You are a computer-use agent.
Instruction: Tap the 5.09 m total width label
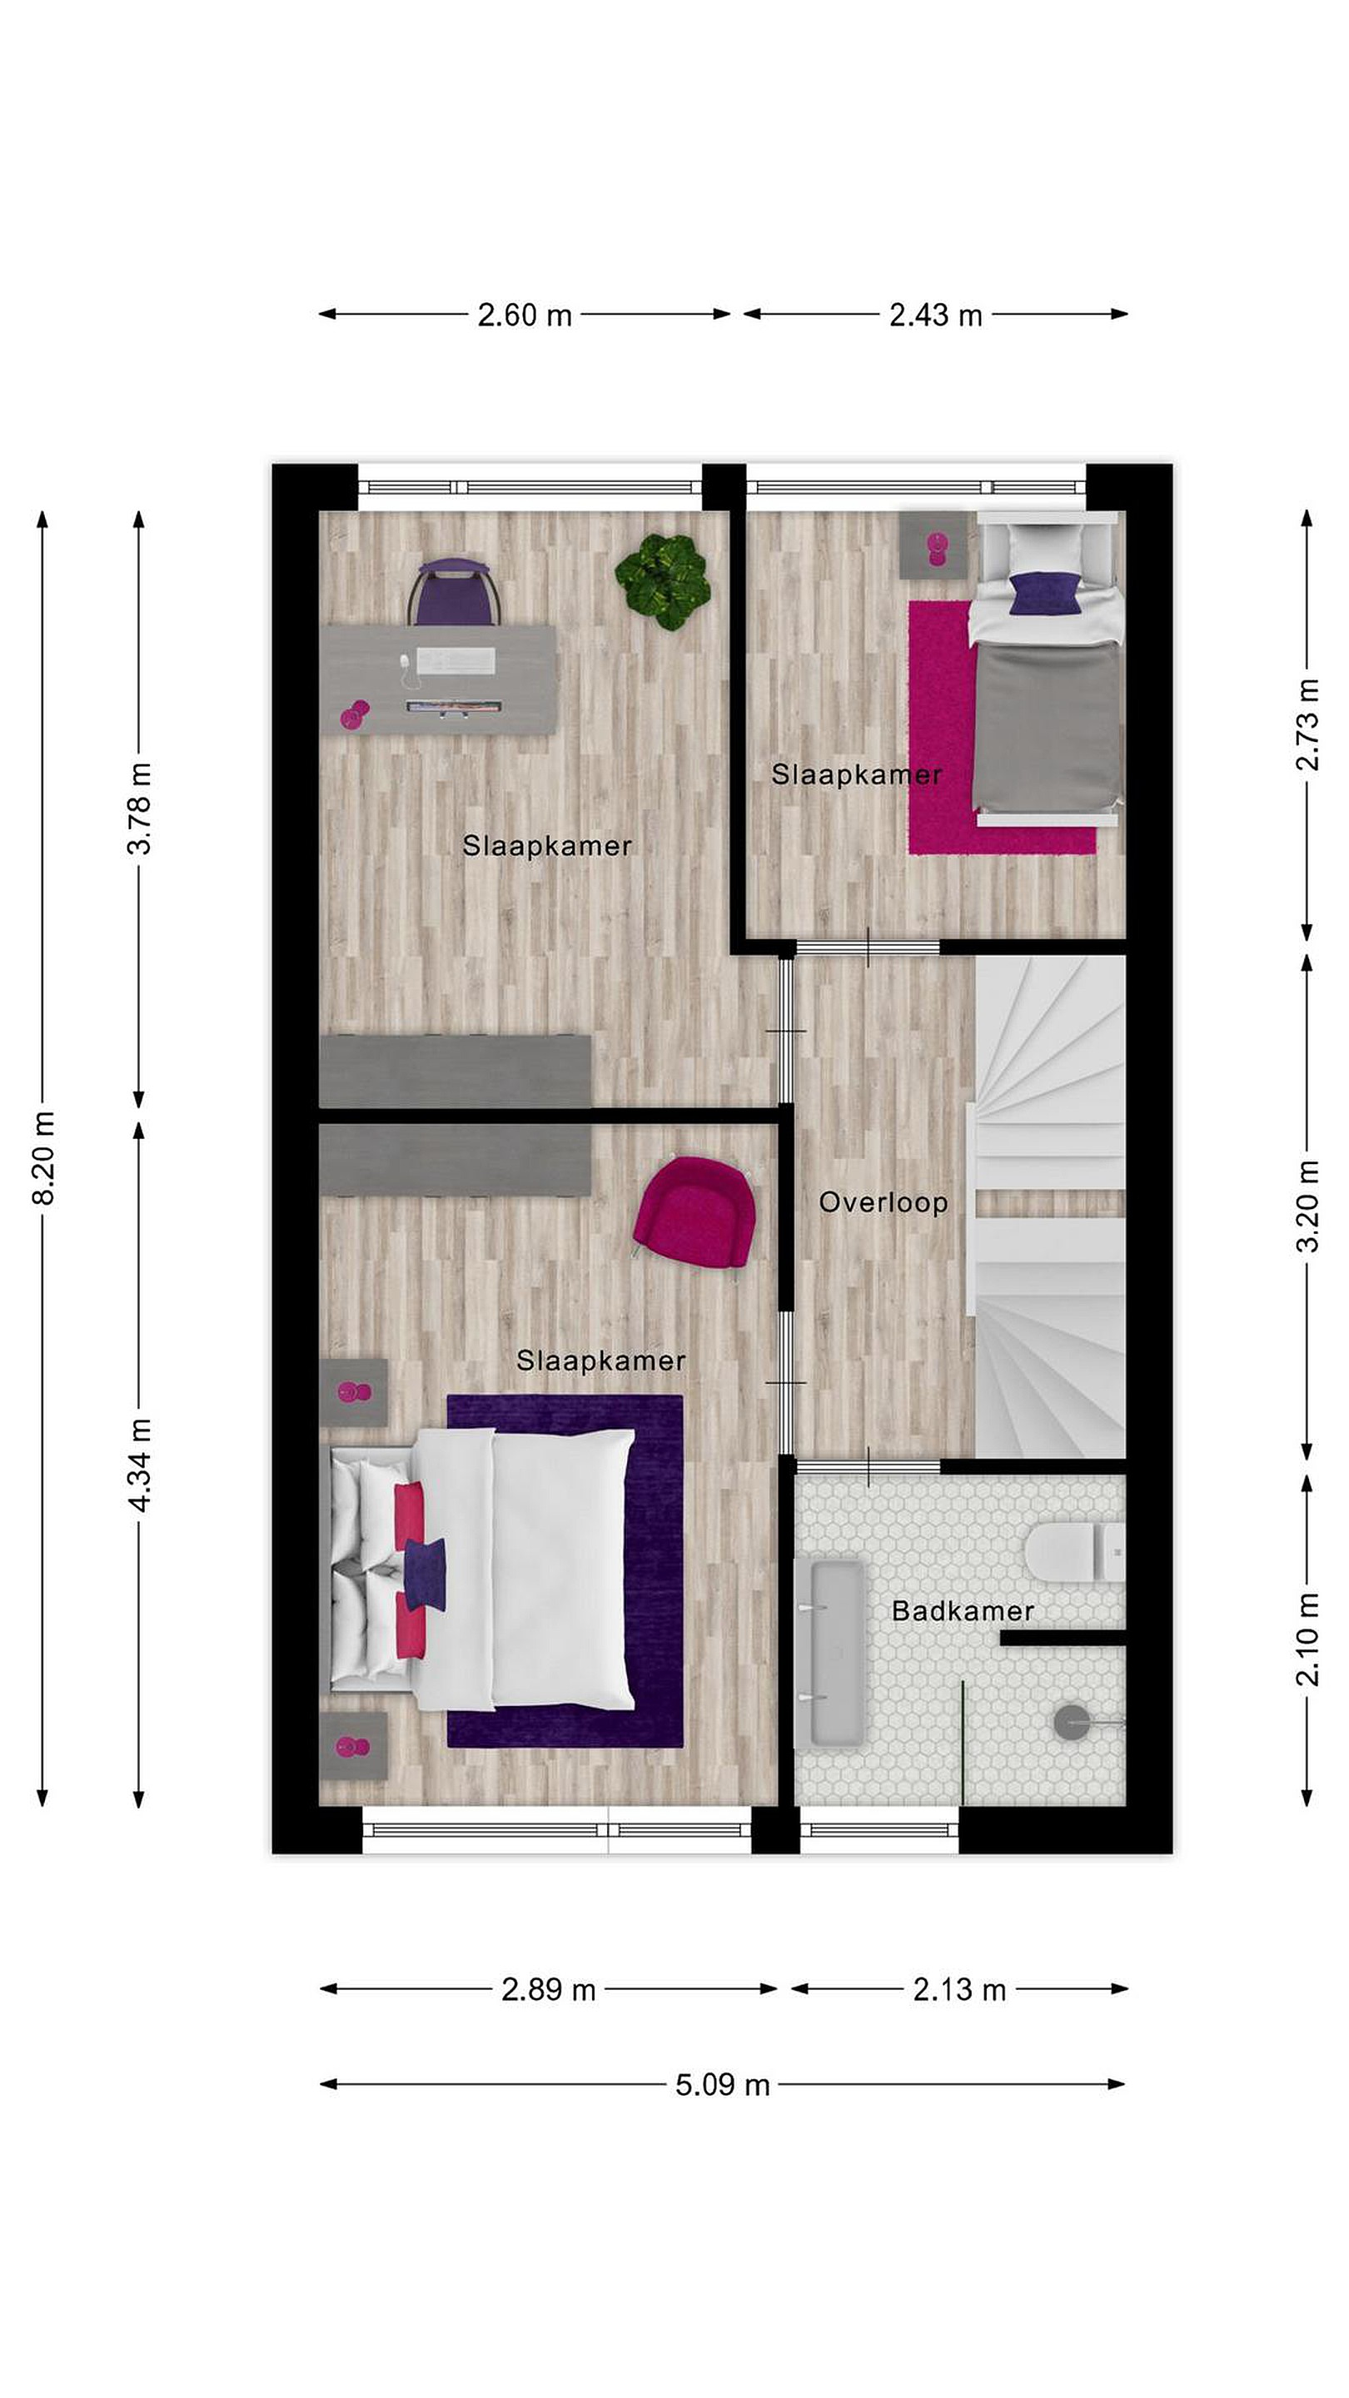click(723, 2084)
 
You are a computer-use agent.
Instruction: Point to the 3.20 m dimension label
click(1308, 1206)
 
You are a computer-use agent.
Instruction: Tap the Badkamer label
click(963, 1610)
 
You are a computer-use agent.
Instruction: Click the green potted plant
click(662, 581)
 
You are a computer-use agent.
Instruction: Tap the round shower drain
click(1071, 1722)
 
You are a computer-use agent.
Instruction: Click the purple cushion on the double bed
click(425, 1575)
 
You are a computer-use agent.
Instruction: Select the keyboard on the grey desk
click(455, 661)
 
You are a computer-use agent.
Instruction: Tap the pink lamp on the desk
click(354, 714)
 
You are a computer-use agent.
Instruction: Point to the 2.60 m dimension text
click(524, 316)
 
